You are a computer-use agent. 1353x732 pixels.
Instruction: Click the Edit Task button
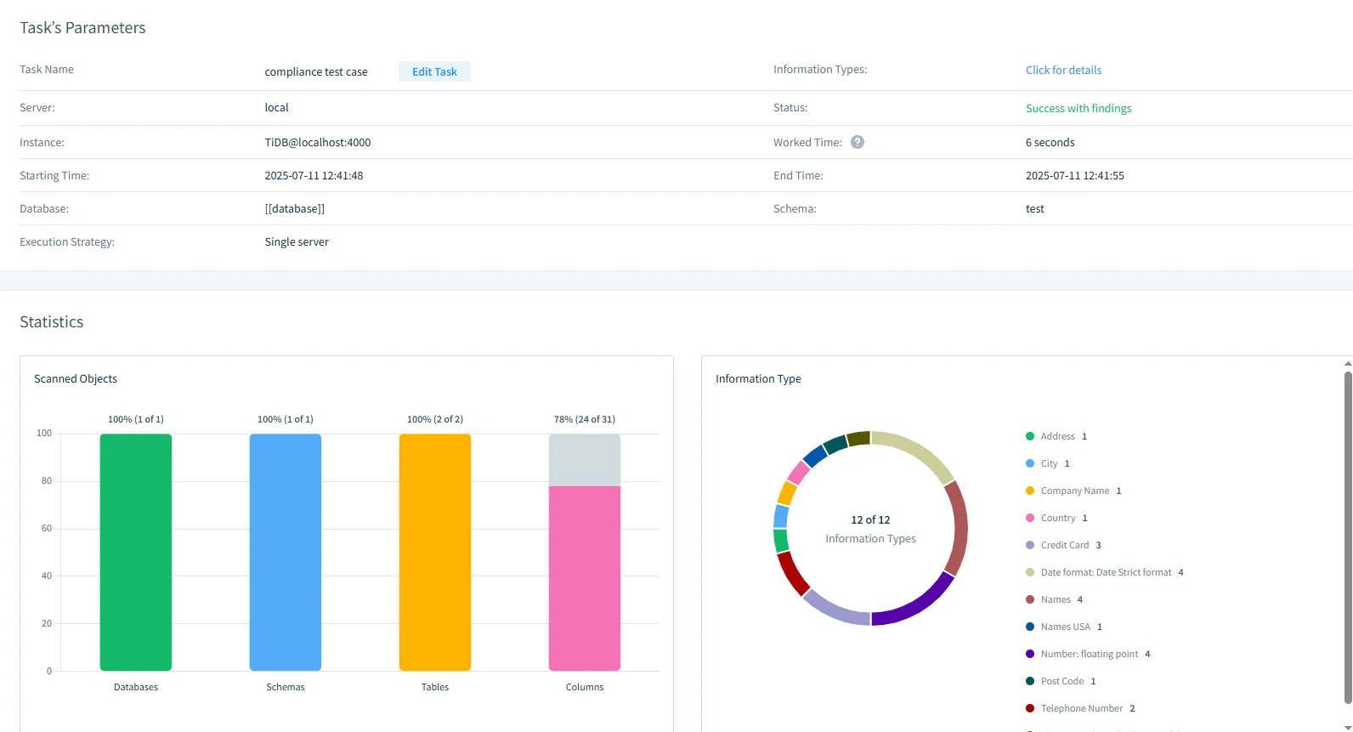pos(434,72)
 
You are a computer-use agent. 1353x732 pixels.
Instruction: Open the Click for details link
pos(1063,71)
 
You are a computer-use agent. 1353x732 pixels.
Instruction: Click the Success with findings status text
pos(1078,109)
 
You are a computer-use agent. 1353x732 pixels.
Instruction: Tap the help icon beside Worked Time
pos(858,143)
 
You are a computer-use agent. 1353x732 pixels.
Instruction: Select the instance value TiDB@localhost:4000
pos(317,143)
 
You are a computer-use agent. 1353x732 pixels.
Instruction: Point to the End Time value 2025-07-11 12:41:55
pos(1074,176)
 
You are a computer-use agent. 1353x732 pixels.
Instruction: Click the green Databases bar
pos(136,553)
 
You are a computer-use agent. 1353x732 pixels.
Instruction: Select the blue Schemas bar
pos(286,553)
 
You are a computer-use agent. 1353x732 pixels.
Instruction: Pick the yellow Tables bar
pos(435,553)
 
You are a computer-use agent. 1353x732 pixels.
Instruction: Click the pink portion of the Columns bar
pos(585,578)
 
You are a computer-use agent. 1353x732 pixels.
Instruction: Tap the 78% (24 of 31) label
pos(585,420)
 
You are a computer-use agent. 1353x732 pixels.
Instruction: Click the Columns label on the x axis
pos(585,687)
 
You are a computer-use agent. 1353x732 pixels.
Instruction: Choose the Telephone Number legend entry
pos(1081,708)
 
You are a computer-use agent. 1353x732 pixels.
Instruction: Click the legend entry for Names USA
pos(1065,627)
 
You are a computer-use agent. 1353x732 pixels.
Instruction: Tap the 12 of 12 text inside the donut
pos(870,520)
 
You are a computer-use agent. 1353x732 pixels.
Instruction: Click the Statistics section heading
pos(52,322)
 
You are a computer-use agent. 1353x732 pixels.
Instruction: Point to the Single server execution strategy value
pos(297,242)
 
